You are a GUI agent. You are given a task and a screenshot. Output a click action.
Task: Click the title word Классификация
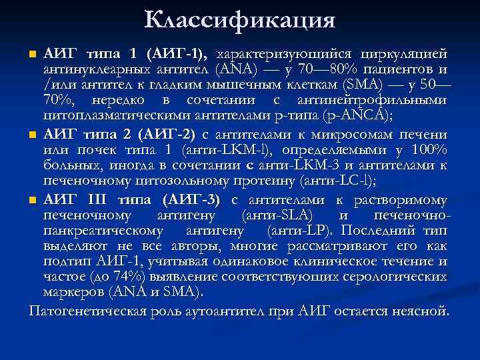[x=239, y=20]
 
